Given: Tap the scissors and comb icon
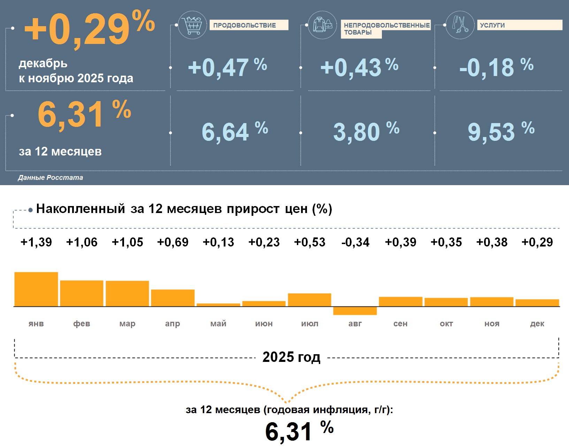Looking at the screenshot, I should pyautogui.click(x=460, y=24).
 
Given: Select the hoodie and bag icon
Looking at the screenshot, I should pyautogui.click(x=322, y=25).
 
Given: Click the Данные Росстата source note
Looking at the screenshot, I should pyautogui.click(x=51, y=178).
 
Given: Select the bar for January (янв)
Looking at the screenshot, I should pyautogui.click(x=36, y=289).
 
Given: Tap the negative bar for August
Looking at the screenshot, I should pyautogui.click(x=355, y=311).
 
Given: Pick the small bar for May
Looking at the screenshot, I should pyautogui.click(x=218, y=305).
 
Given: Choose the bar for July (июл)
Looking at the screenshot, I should pyautogui.click(x=309, y=300).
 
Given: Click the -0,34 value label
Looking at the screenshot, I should pyautogui.click(x=355, y=242).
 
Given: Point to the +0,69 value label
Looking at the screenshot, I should pyautogui.click(x=173, y=242).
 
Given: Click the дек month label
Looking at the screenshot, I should pyautogui.click(x=537, y=324).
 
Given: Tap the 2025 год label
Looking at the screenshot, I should pyautogui.click(x=291, y=357).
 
